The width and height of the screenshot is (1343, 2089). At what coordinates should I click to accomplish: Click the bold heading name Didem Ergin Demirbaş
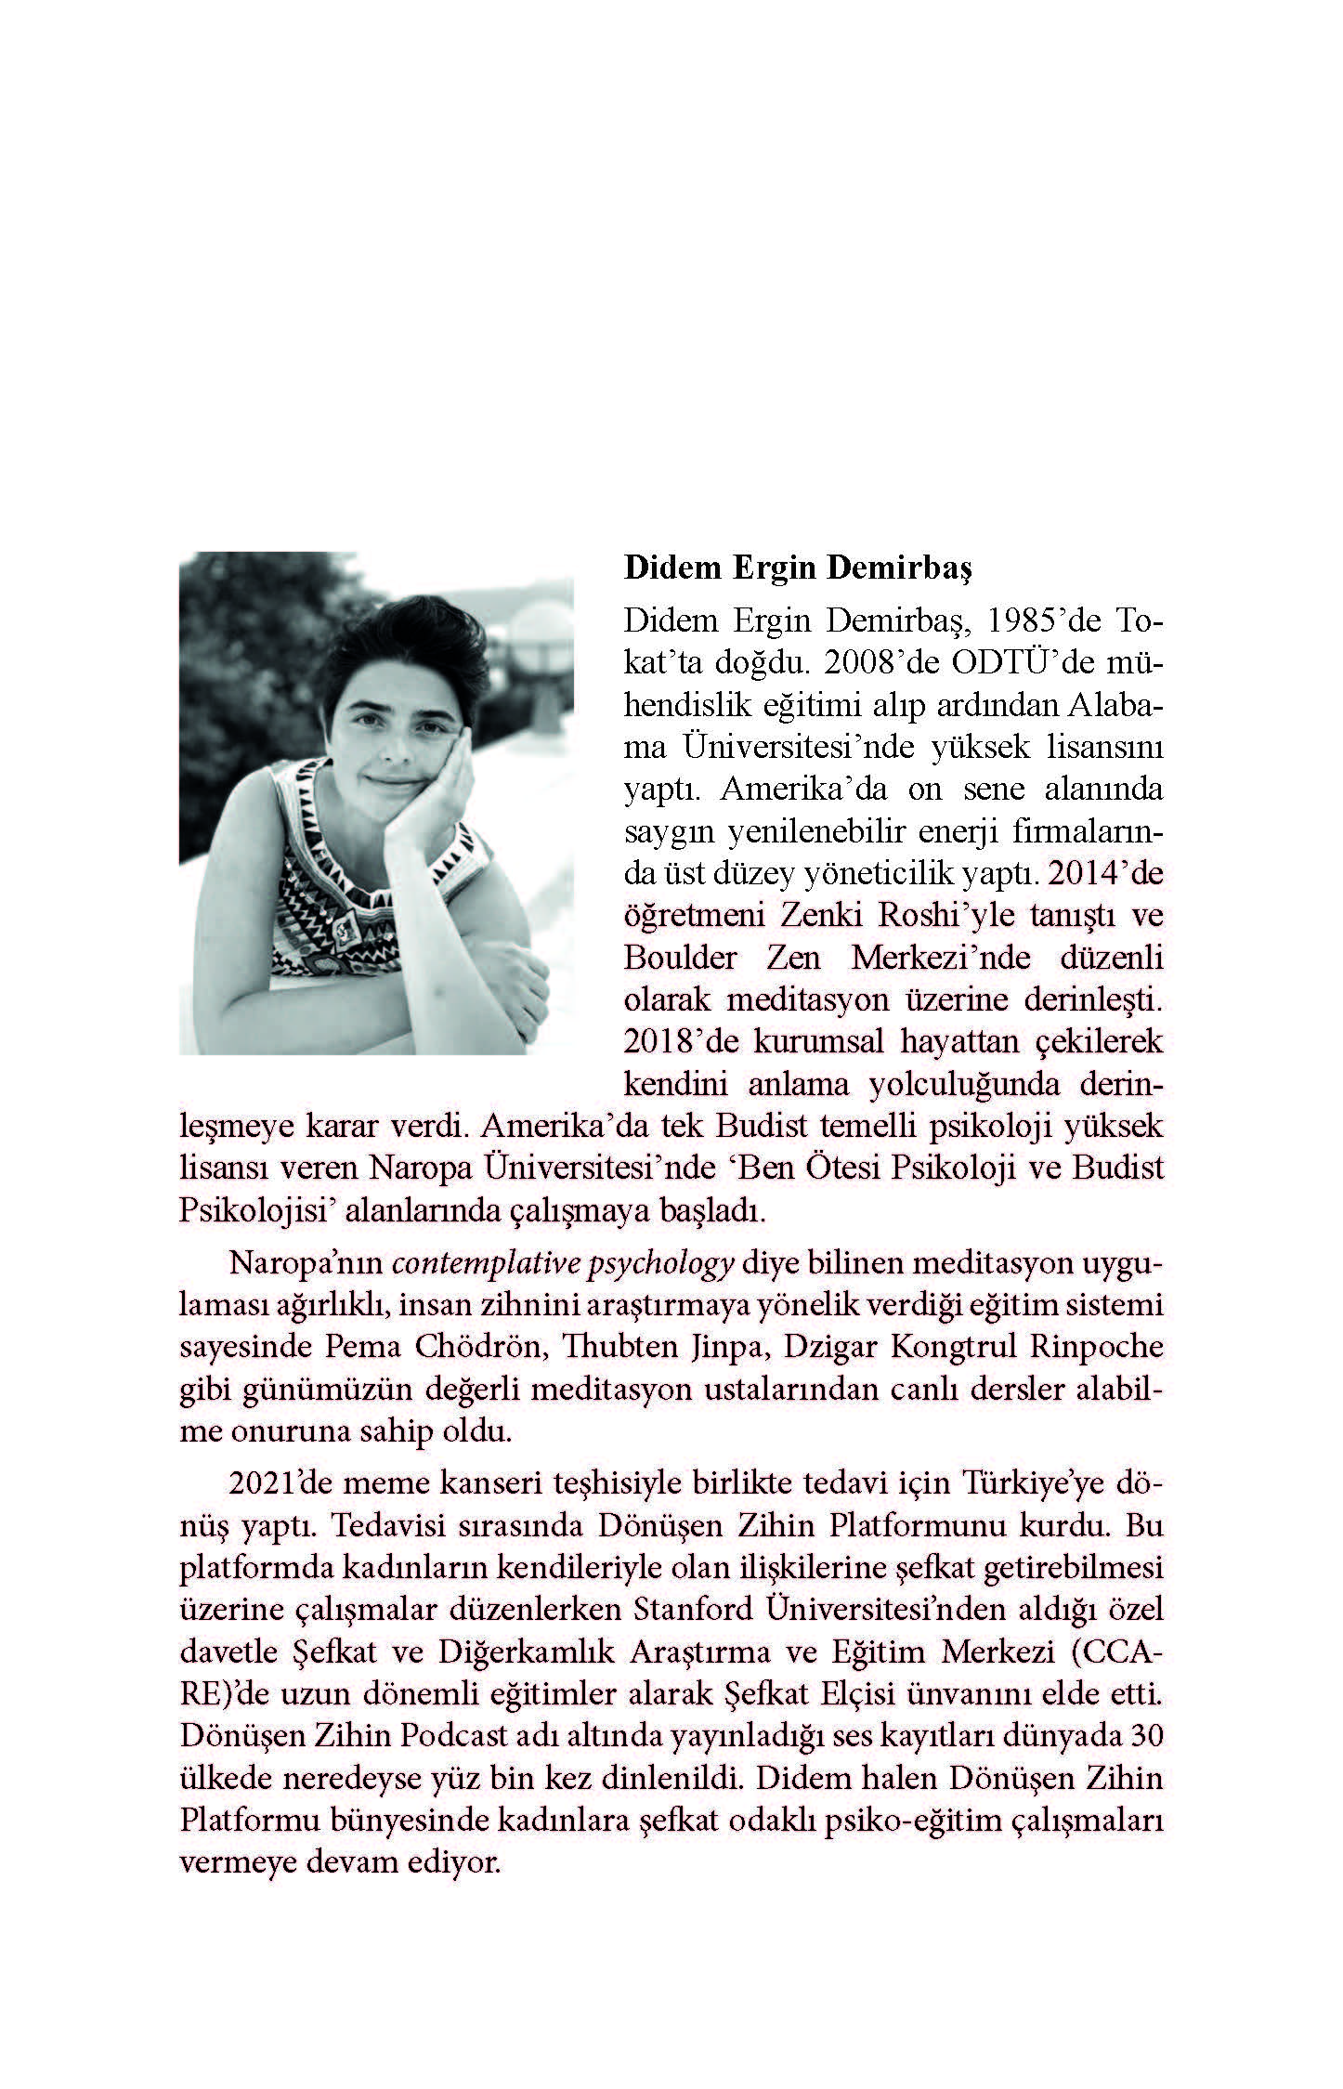797,568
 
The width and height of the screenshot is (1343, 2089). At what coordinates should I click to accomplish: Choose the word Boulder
683,958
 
